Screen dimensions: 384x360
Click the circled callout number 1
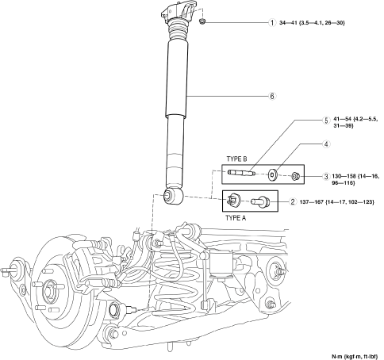click(272, 23)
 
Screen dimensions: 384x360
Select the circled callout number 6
click(272, 96)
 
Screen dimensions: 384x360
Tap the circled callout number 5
click(326, 121)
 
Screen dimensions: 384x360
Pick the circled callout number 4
click(326, 144)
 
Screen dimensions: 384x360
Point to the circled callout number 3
click(326, 177)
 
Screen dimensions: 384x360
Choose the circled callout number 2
click(293, 202)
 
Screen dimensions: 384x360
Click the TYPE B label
click(236, 159)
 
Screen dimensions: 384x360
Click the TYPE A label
click(236, 218)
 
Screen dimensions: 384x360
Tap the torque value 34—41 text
click(286, 23)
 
